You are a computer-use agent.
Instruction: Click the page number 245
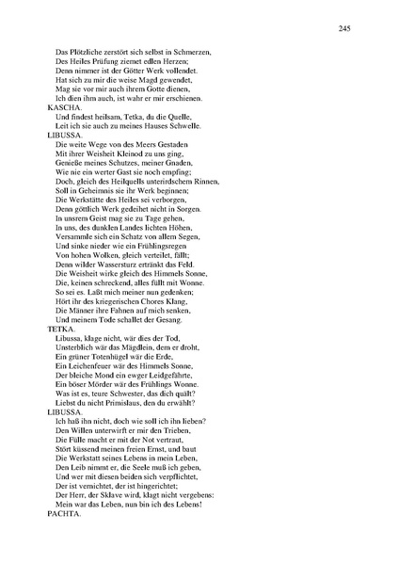pyautogui.click(x=345, y=29)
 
